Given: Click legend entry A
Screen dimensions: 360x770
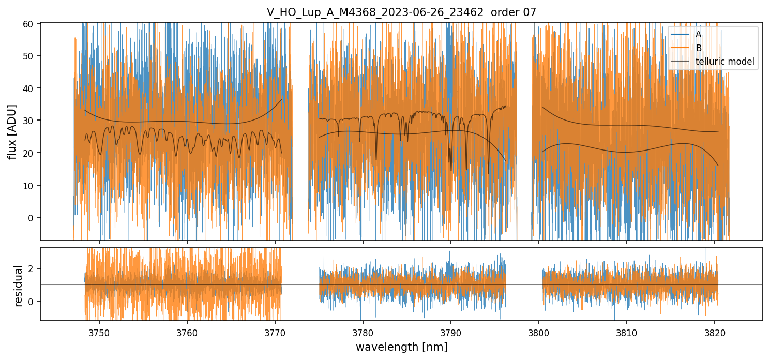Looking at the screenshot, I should pos(698,35).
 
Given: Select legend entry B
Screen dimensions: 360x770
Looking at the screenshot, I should pos(698,48).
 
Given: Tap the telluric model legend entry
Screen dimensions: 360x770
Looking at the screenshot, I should pos(724,62).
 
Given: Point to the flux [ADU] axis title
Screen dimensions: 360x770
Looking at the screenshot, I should pos(12,131).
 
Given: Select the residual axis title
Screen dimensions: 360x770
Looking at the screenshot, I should pos(19,286).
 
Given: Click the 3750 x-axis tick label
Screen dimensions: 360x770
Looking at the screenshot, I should pos(99,332).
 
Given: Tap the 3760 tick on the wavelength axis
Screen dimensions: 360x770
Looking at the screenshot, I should pos(187,332).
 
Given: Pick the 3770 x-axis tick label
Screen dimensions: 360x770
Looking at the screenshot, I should pos(275,332).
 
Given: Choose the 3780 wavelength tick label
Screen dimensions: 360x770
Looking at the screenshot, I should pos(363,332).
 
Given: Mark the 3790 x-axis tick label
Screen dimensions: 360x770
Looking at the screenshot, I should pos(450,332).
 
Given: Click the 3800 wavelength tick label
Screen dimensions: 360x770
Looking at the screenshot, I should pos(538,332).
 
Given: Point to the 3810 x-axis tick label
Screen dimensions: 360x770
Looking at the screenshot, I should pos(626,332).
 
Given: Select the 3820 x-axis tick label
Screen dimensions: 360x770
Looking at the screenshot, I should pos(714,332).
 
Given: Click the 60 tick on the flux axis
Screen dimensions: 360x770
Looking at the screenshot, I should pos(31,24).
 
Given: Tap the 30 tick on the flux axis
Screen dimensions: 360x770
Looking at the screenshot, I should pos(31,121).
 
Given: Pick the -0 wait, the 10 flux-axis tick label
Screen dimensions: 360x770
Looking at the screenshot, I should pos(31,185).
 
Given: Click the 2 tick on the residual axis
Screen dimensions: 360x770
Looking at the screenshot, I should pos(33,268).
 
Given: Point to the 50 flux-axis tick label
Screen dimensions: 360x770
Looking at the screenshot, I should pos(31,56).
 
